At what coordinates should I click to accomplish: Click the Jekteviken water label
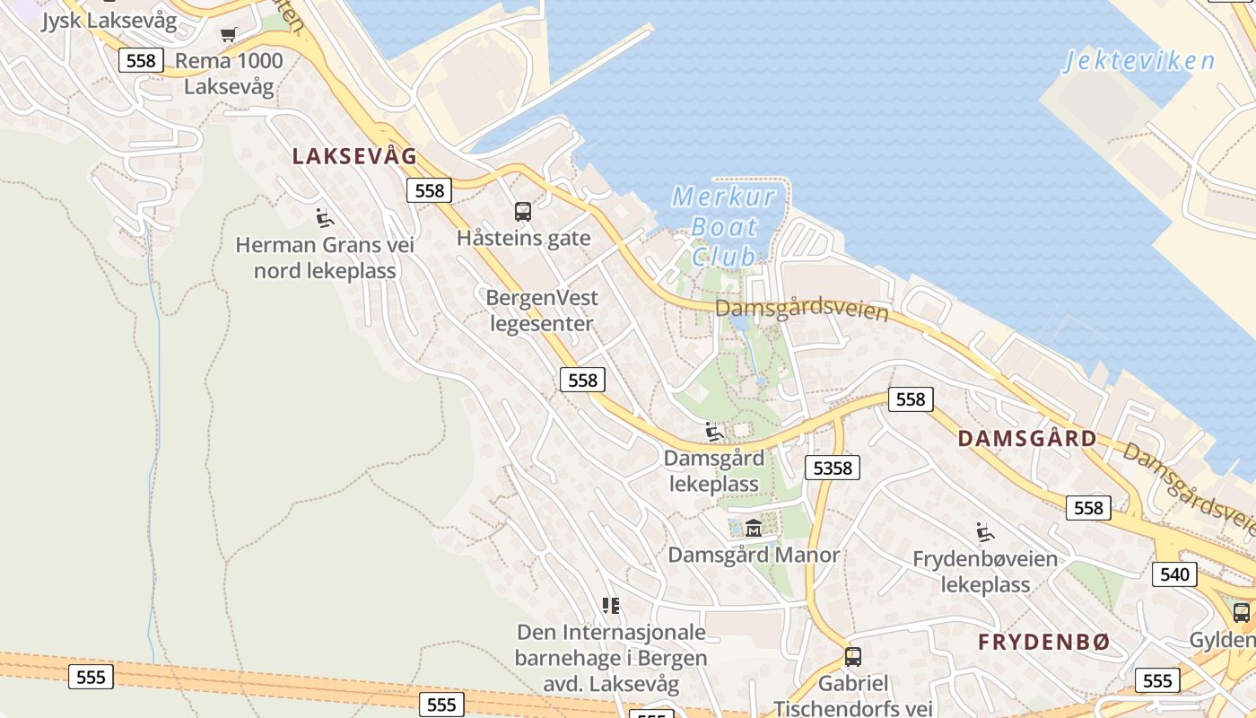(x=1139, y=61)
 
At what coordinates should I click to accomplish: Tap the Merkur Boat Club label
(x=723, y=225)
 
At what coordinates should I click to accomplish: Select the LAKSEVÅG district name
(x=354, y=156)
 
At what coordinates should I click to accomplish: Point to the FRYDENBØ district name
(x=1043, y=642)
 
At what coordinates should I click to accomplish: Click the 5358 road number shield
(x=832, y=468)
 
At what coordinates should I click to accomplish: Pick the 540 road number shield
(x=1174, y=574)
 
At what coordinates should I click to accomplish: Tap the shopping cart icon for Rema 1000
(x=229, y=35)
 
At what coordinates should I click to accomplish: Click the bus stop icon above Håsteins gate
(x=523, y=212)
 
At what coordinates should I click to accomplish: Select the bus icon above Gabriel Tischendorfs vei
(x=853, y=656)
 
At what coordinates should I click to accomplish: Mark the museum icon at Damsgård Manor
(x=754, y=528)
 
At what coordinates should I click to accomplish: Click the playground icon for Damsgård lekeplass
(x=714, y=432)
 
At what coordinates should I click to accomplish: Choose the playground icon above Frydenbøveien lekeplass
(x=985, y=532)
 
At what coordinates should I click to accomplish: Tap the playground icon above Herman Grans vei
(x=325, y=218)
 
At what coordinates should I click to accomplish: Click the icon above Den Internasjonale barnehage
(x=611, y=606)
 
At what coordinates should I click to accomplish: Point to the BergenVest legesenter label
(x=542, y=311)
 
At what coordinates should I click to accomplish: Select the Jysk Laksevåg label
(x=109, y=20)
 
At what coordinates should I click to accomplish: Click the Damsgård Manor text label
(x=754, y=555)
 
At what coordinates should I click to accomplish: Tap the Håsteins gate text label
(x=524, y=238)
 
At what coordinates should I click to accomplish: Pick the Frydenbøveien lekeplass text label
(x=985, y=572)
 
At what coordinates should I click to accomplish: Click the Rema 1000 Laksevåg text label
(x=229, y=74)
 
